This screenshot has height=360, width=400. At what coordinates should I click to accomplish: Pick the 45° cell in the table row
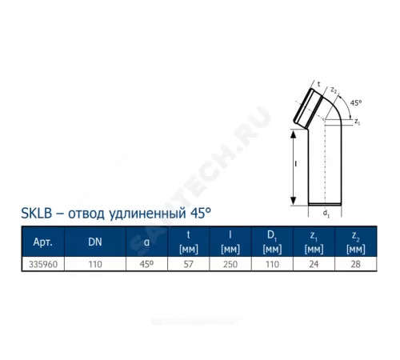(146, 262)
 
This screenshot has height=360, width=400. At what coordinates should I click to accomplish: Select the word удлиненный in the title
(134, 214)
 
